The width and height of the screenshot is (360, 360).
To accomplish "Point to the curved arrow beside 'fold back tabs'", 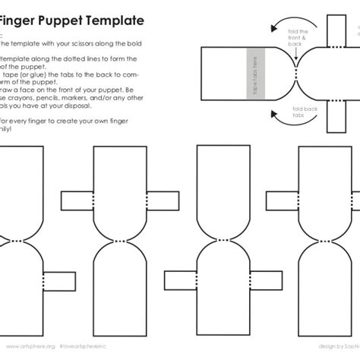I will coord(279,115).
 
